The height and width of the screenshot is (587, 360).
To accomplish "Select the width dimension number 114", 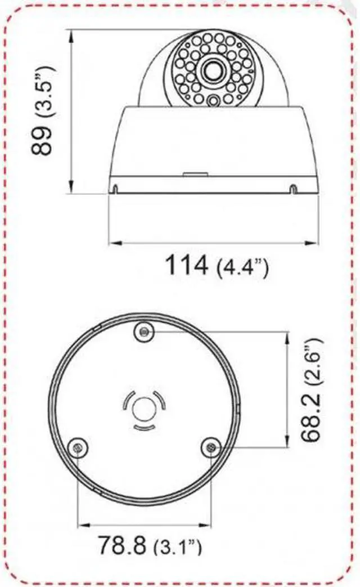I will coord(186,265).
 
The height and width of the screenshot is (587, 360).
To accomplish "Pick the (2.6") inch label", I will coord(312,360).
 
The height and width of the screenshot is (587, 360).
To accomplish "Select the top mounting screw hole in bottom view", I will coord(145,332).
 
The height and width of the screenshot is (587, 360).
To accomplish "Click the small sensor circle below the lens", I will coord(213,101).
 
